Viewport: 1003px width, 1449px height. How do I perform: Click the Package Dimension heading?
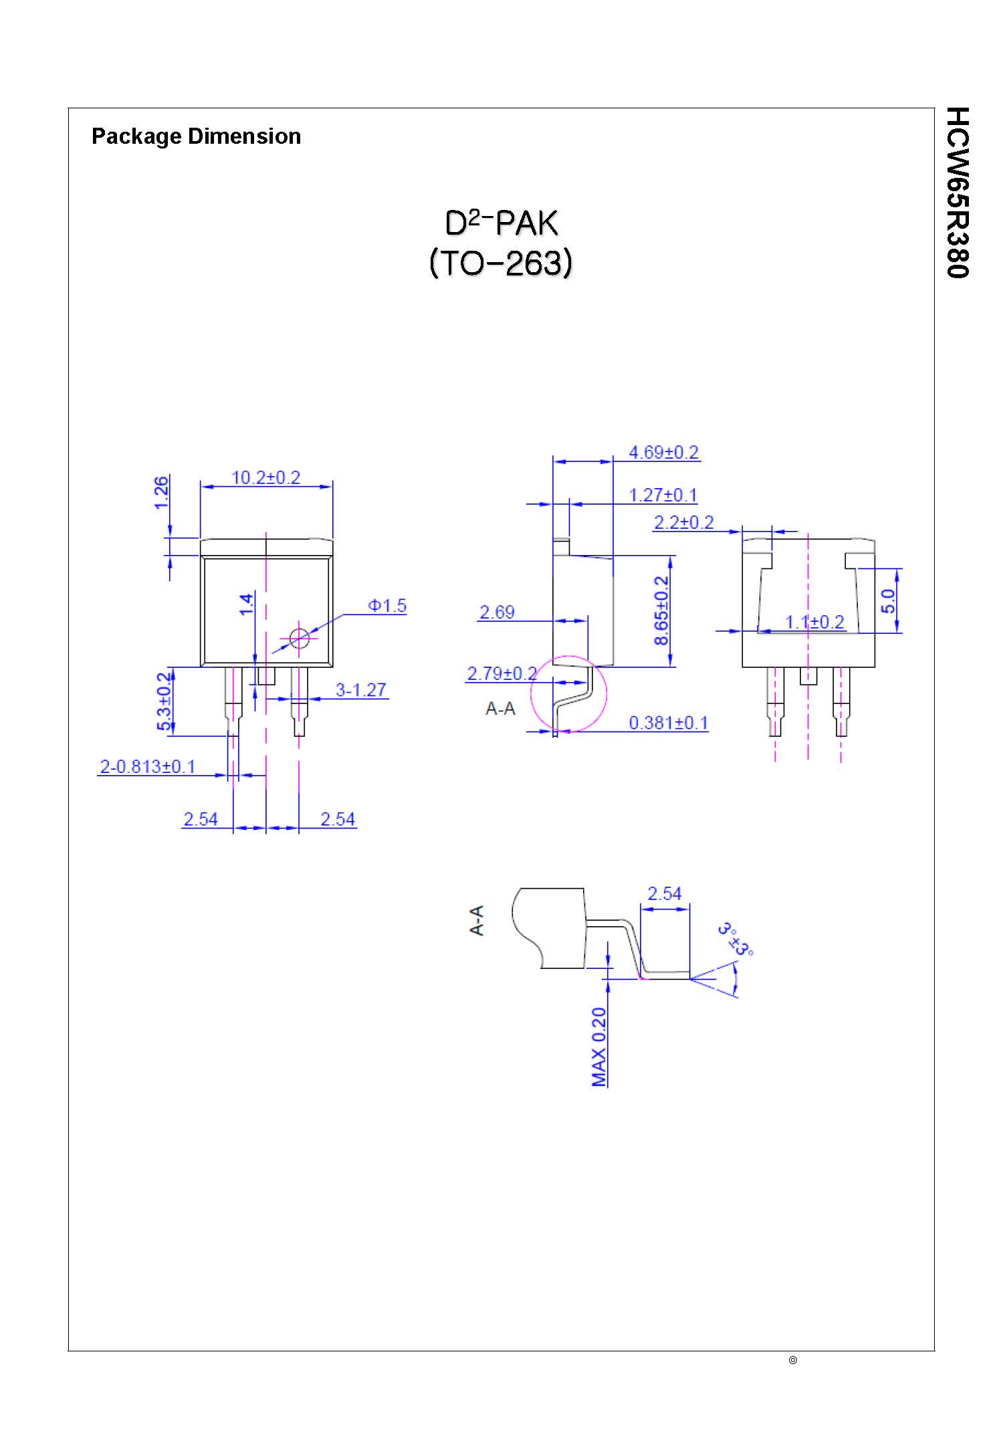coord(196,136)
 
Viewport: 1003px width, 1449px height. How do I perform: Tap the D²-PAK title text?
coord(501,224)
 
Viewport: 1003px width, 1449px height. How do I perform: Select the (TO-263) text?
coord(501,263)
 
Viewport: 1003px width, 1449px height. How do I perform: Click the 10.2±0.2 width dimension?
coord(265,477)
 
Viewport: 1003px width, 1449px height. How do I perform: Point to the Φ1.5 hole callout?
coord(387,606)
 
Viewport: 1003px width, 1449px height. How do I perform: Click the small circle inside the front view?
coord(300,638)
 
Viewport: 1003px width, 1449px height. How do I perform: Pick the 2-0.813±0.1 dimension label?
coord(147,766)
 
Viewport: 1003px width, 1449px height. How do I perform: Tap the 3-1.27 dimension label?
coord(361,689)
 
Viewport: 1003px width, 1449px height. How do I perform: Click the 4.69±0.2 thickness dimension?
coord(663,453)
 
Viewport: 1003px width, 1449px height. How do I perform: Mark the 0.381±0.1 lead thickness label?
coord(668,723)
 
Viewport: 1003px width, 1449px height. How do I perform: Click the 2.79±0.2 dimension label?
coord(501,673)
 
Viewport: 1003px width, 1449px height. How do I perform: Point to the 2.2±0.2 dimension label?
coord(683,522)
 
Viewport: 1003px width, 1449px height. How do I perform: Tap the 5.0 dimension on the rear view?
coord(887,600)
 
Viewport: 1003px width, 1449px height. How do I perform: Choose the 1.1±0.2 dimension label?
coord(814,622)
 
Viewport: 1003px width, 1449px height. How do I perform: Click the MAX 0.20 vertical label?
coord(599,1046)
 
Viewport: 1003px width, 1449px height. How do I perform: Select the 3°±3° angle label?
coord(736,939)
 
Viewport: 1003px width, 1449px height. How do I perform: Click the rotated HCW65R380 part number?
coord(958,192)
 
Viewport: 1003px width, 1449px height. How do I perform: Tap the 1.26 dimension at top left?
coord(161,492)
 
